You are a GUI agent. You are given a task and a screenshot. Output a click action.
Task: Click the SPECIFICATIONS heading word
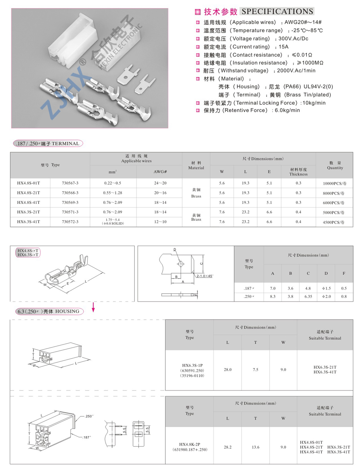[277, 11]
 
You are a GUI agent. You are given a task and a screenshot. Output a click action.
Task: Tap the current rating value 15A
[284, 47]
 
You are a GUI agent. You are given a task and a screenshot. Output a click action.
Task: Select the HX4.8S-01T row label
[29, 183]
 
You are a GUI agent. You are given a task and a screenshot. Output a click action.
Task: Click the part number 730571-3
[70, 212]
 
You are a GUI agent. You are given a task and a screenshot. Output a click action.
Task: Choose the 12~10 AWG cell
[160, 222]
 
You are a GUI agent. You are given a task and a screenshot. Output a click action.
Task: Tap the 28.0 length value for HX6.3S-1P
[227, 370]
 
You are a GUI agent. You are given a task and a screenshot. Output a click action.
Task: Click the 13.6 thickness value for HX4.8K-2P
[255, 447]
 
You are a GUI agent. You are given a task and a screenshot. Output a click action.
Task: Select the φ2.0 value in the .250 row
[326, 296]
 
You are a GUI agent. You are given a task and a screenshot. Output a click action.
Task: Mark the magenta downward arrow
[94, 307]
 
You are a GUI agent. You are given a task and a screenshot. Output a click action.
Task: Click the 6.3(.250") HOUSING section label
[48, 311]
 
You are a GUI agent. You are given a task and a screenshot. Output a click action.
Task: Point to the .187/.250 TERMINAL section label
[48, 144]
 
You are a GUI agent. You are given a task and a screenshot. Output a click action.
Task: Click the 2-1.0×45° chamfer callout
[205, 276]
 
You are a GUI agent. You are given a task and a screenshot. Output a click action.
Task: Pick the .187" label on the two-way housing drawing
[87, 437]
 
